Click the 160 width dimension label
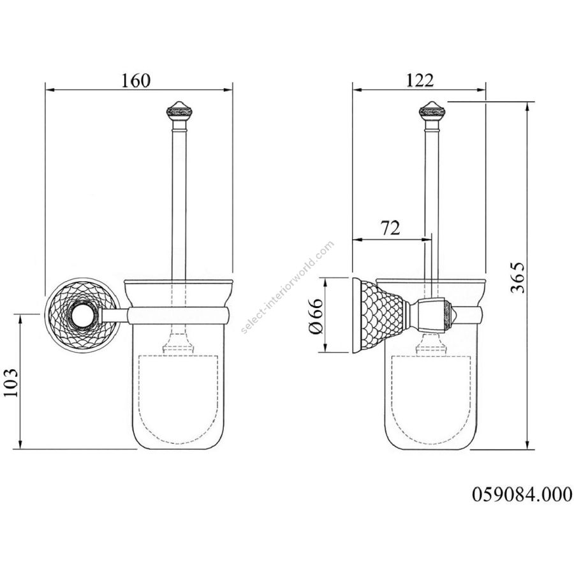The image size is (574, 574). [x=136, y=80]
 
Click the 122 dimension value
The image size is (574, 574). [x=420, y=80]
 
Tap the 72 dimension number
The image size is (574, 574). [x=390, y=228]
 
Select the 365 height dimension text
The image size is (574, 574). [x=519, y=277]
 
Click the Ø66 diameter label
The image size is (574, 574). [x=316, y=316]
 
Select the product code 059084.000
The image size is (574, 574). [x=522, y=494]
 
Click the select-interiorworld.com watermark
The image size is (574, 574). [x=288, y=287]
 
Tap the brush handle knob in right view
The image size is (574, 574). [x=432, y=111]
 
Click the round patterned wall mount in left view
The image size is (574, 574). [x=82, y=316]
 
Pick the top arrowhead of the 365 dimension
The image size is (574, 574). [x=527, y=107]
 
